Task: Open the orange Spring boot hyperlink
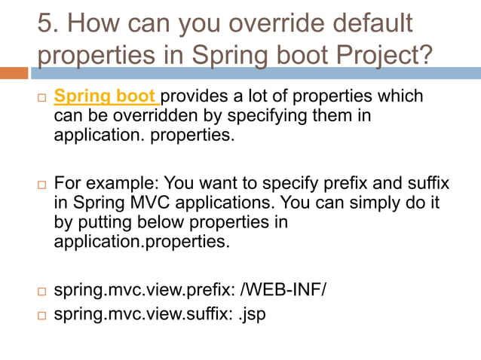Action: point(106,97)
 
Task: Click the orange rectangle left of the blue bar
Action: point(14,73)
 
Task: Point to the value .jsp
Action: point(251,314)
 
